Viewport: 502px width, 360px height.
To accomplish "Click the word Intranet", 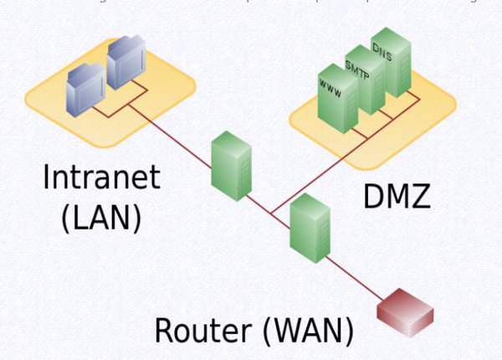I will pyautogui.click(x=101, y=178).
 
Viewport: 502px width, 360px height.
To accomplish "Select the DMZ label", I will pyautogui.click(x=397, y=196).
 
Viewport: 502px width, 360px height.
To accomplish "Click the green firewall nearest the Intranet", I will pyautogui.click(x=231, y=167).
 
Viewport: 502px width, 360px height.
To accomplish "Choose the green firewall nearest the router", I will pyautogui.click(x=307, y=224).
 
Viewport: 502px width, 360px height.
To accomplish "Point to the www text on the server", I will pyautogui.click(x=330, y=86).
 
